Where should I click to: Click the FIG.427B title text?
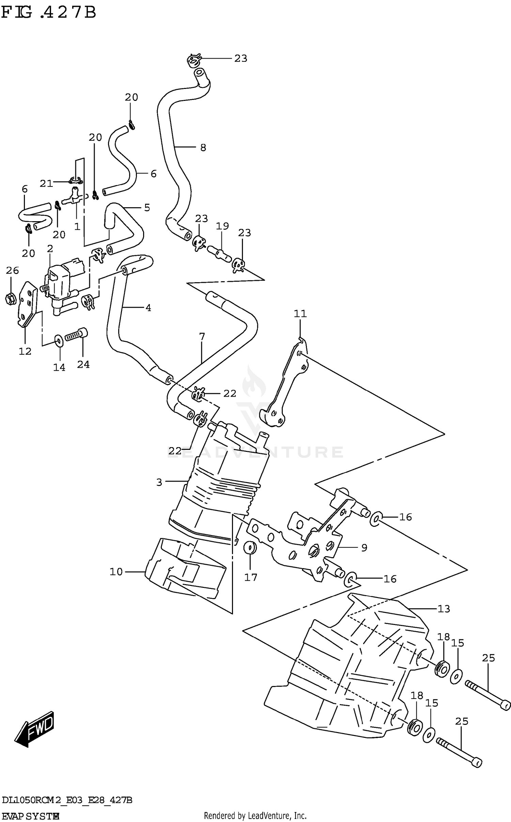tap(48, 13)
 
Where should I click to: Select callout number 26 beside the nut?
tap(12, 271)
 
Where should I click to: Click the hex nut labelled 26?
tap(10, 299)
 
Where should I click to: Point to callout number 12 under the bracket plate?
tap(25, 351)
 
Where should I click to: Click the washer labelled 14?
tap(59, 340)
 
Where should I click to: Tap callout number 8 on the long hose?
tap(203, 148)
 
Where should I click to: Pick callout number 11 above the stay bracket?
tap(300, 314)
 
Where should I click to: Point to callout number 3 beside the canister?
tap(159, 482)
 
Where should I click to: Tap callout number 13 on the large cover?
tap(444, 609)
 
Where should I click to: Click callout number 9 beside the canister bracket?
tap(364, 548)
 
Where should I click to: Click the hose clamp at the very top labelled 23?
tap(193, 61)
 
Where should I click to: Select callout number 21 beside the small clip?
tap(46, 184)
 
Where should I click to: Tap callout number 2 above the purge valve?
tap(50, 249)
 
